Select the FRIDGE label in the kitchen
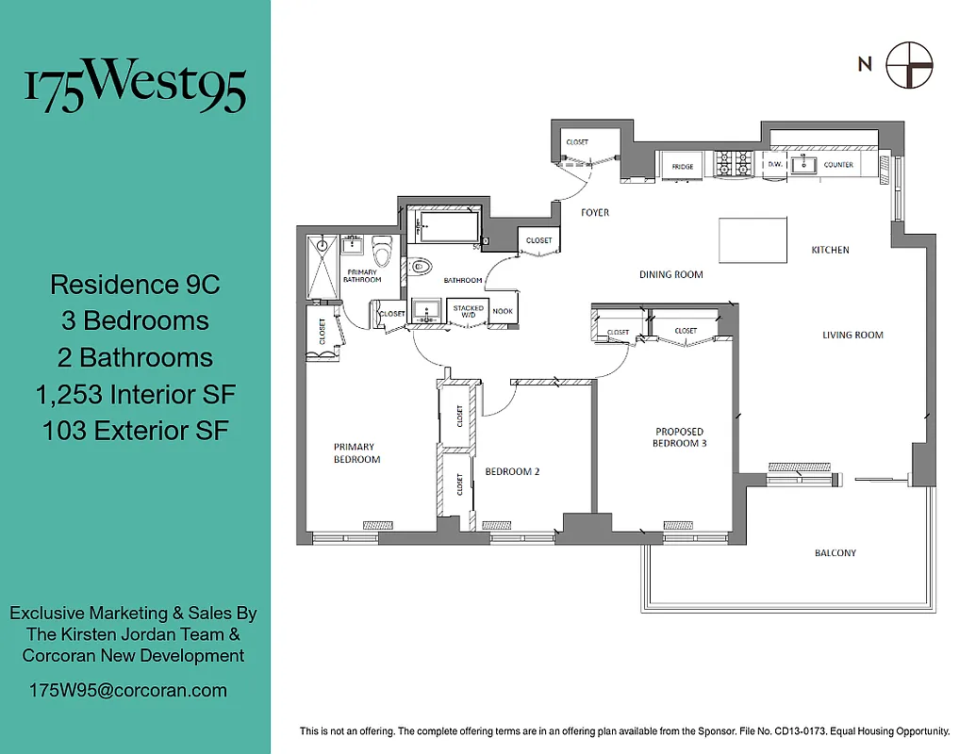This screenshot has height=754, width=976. [x=683, y=167]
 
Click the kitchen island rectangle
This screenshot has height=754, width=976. [x=753, y=239]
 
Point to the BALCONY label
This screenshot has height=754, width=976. [x=835, y=552]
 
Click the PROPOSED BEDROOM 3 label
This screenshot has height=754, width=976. [x=680, y=437]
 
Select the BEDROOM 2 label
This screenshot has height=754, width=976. [x=512, y=471]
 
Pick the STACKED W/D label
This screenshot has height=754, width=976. [x=468, y=312]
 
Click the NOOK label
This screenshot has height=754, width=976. [x=503, y=312]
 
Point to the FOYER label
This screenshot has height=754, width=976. [x=594, y=212]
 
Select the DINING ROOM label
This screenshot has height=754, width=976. [x=670, y=274]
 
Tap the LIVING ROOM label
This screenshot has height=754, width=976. [x=852, y=335]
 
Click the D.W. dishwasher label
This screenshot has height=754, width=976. [x=774, y=165]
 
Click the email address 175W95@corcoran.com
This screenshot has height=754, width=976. [x=127, y=690]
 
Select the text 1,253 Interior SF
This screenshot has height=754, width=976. [x=135, y=394]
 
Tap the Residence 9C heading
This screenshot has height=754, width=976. [x=135, y=284]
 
